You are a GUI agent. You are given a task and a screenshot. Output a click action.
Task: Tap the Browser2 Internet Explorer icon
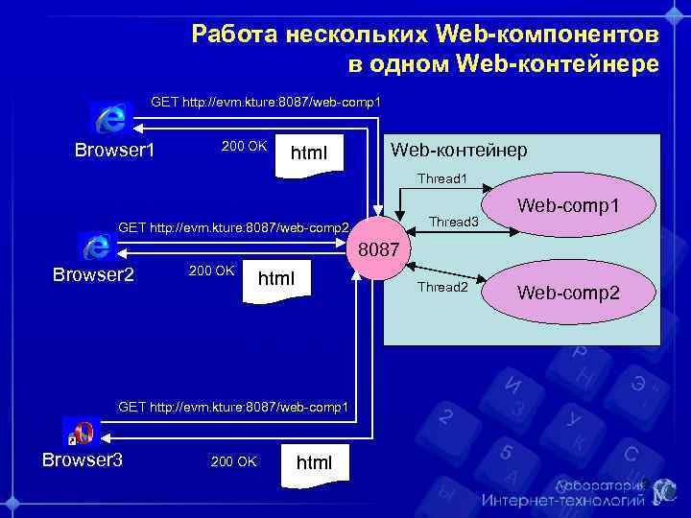click(x=95, y=247)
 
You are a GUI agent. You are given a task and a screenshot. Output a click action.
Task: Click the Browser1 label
click(x=115, y=152)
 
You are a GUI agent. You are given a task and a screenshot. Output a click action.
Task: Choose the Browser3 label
click(x=83, y=460)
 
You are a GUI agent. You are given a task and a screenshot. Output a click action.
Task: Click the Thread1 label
click(x=441, y=178)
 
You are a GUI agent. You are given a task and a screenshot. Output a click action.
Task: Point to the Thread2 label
click(x=442, y=287)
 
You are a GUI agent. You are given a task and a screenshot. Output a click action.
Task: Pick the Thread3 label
click(x=453, y=223)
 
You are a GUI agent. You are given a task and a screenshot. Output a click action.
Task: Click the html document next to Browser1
click(x=309, y=153)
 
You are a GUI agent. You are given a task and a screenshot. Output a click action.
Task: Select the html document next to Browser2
click(x=276, y=279)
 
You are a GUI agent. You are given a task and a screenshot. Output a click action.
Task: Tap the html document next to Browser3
click(x=314, y=463)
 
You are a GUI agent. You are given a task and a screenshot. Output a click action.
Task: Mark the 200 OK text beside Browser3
click(x=233, y=462)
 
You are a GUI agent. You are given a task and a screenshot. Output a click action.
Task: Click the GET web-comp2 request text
click(x=232, y=227)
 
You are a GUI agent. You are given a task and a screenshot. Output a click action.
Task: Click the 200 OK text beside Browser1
click(x=244, y=146)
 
